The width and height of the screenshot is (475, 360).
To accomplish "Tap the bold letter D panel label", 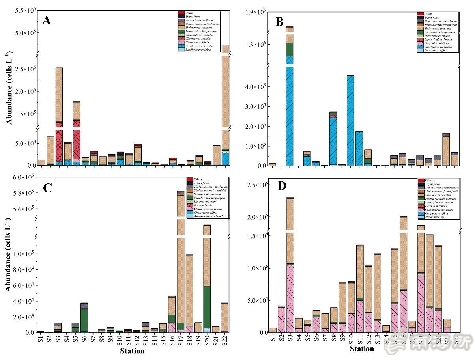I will (282, 186).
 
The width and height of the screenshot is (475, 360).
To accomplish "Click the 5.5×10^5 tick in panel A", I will (25, 10).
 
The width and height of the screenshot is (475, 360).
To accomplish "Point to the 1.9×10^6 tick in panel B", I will (256, 13).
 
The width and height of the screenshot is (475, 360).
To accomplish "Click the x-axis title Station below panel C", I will (132, 351).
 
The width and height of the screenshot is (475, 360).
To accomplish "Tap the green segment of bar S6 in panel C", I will (84, 320).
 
